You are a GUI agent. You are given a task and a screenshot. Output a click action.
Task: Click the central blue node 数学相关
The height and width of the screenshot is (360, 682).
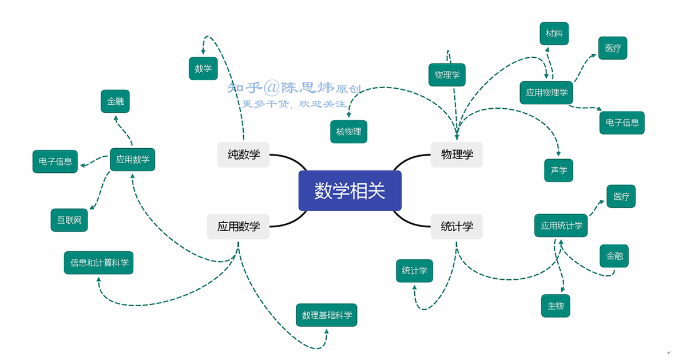click(350, 191)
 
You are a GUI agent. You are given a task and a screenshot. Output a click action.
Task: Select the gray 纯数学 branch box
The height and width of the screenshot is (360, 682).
click(243, 155)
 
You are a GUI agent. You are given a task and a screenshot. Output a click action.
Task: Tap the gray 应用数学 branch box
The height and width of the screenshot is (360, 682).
click(238, 227)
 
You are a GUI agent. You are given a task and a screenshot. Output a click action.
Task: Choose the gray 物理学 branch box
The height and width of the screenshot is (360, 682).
click(456, 155)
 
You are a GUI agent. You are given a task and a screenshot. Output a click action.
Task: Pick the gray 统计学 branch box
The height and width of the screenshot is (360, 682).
click(456, 227)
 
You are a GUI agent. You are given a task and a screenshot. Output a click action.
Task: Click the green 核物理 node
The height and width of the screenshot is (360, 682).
click(348, 132)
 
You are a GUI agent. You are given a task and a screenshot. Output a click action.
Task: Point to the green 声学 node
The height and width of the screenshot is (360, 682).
click(558, 170)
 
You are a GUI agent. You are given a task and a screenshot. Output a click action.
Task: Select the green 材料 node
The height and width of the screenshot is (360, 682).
click(554, 34)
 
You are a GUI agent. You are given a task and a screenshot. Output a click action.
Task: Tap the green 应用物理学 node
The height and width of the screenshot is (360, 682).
click(546, 92)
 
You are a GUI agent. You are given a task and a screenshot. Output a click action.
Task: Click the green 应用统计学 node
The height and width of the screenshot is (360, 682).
click(561, 226)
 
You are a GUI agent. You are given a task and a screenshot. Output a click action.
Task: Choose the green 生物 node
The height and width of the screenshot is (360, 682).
click(556, 306)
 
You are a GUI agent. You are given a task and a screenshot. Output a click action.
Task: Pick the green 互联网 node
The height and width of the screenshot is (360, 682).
click(69, 220)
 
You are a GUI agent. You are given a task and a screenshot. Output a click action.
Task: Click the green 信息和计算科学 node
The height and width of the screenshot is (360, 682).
click(99, 263)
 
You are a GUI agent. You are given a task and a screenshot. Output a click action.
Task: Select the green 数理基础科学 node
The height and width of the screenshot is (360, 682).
click(327, 315)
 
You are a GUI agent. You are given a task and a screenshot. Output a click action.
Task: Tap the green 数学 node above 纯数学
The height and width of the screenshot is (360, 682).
click(203, 68)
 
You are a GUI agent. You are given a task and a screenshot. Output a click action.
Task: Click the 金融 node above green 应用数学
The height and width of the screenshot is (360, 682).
click(115, 101)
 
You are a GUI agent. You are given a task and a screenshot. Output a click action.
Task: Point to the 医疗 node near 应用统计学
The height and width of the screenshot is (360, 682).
click(621, 196)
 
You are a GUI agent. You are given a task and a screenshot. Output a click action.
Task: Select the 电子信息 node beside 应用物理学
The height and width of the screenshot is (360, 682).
click(622, 122)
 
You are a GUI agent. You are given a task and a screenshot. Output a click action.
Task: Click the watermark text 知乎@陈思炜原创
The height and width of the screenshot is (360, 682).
click(294, 88)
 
